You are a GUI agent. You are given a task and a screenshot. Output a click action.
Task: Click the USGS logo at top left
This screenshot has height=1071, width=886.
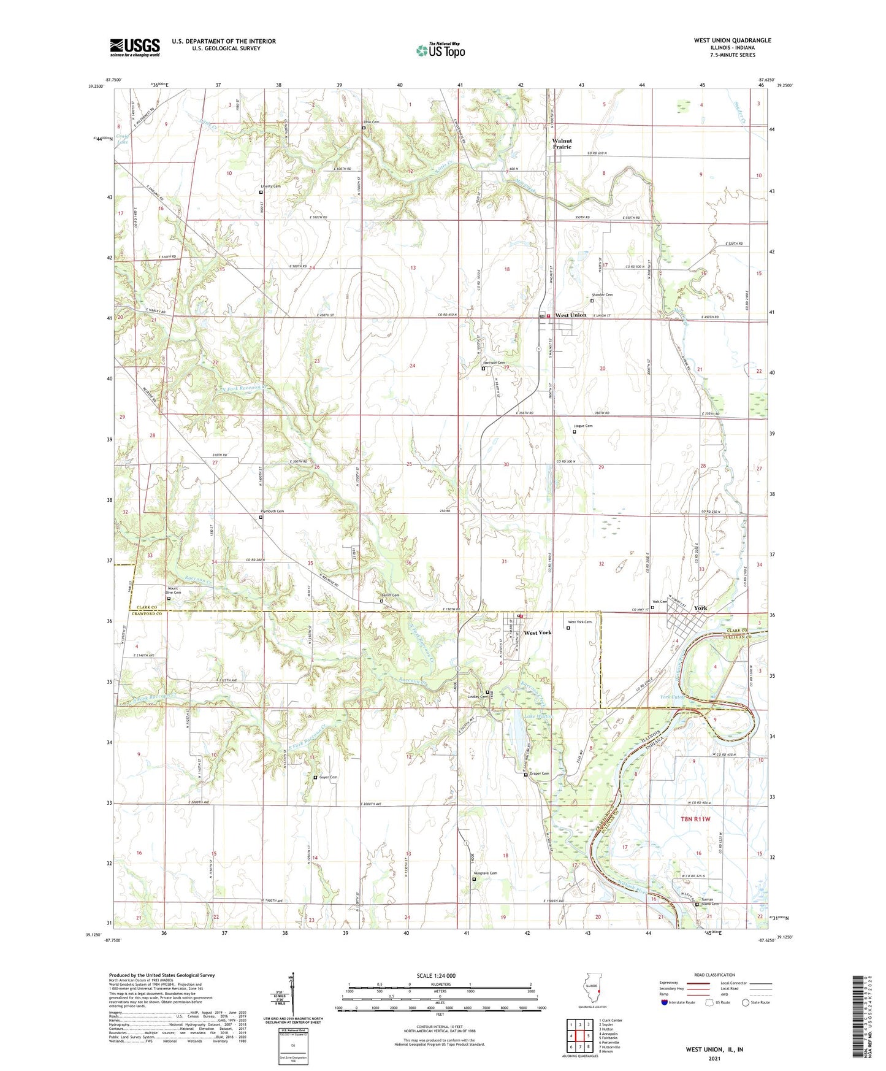tap(134, 47)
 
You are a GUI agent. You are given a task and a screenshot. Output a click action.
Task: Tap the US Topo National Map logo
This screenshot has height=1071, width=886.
tap(440, 50)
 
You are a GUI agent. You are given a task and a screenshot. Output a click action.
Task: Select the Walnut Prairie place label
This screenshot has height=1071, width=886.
tap(562, 144)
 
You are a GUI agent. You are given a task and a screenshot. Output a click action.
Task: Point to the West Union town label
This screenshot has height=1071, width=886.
tap(570, 315)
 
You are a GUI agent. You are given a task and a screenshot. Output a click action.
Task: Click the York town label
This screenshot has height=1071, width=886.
tap(700, 608)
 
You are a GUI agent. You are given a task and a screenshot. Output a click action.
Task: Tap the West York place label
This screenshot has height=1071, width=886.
tap(537, 632)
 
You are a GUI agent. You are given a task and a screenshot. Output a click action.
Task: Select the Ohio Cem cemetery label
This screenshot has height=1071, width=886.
tap(371, 122)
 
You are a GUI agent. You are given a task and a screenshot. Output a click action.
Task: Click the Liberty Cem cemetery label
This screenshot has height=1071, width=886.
tap(269, 186)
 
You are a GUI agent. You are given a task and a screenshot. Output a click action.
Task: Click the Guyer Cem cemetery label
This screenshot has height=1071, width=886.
tap(328, 777)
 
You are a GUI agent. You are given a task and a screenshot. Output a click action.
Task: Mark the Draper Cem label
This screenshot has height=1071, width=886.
tap(539, 773)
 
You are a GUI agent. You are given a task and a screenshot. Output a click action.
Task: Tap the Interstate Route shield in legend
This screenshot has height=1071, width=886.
tap(666, 1002)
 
